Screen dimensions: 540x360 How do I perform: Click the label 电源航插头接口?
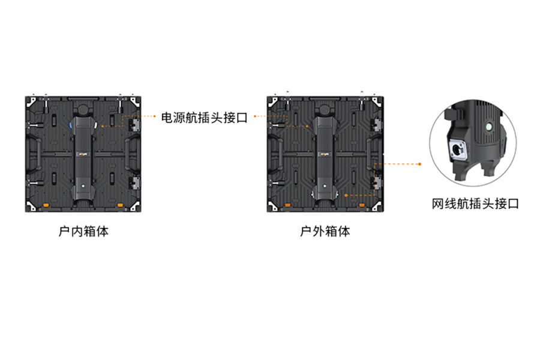click(x=204, y=118)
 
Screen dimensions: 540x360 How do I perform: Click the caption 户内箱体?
click(x=83, y=231)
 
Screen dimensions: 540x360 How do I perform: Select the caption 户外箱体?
click(x=325, y=231)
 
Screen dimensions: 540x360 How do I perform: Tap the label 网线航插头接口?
click(x=475, y=203)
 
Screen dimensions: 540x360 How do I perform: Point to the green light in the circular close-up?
click(x=488, y=127)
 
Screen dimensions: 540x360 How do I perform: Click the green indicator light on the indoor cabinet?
click(x=83, y=186)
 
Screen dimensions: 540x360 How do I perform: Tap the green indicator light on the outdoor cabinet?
click(x=325, y=186)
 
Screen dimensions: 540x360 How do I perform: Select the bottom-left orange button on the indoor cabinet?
click(x=46, y=206)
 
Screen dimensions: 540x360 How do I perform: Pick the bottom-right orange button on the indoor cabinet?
click(x=120, y=205)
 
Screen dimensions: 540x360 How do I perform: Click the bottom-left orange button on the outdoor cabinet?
click(x=287, y=206)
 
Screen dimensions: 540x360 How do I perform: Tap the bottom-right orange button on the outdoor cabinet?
click(x=362, y=205)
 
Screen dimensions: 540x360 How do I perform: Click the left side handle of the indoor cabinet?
click(x=34, y=154)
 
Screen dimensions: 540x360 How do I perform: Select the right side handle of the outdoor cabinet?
click(x=373, y=154)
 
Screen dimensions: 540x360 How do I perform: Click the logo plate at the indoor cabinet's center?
click(x=83, y=154)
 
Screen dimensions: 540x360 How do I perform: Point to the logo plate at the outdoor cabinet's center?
click(x=325, y=154)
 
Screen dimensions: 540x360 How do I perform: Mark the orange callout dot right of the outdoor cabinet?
click(x=419, y=164)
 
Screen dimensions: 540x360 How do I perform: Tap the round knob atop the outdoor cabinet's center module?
click(x=325, y=110)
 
